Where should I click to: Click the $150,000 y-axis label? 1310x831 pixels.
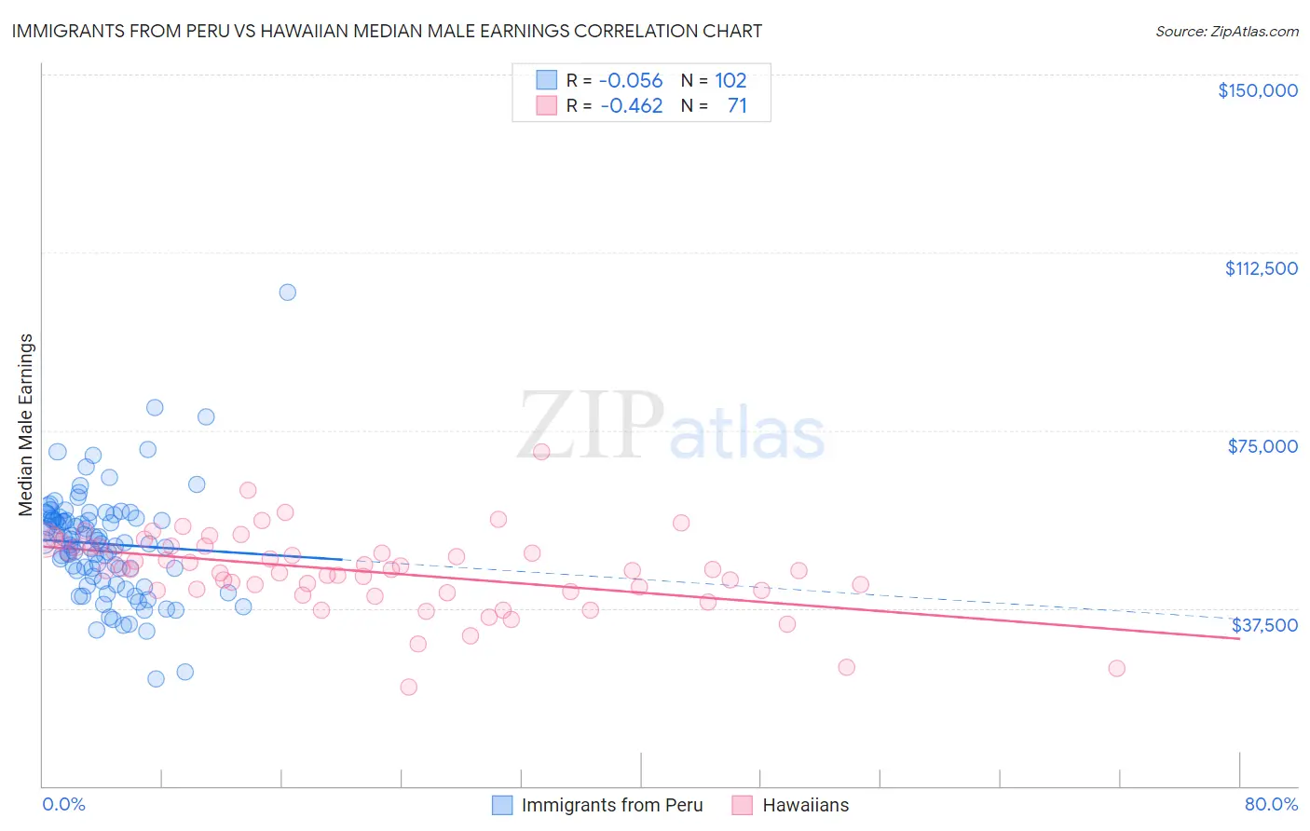[1257, 90]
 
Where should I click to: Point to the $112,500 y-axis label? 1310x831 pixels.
[1261, 268]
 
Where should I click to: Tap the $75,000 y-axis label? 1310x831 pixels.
[1262, 446]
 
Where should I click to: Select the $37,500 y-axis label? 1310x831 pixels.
[1264, 625]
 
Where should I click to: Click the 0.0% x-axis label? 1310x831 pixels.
[63, 804]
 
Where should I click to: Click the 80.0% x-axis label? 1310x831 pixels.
[1271, 804]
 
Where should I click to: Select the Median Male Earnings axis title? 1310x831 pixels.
[26, 425]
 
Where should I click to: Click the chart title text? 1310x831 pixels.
[387, 31]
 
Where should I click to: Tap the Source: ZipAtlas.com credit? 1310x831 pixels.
[1226, 31]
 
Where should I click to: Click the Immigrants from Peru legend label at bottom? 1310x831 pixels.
[612, 805]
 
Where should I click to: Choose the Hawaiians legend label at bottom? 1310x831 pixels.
[806, 805]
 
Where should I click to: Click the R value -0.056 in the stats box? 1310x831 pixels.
[631, 80]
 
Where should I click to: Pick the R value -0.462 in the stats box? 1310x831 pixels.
[631, 105]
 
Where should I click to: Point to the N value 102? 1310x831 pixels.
[730, 80]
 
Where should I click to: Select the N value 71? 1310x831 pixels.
[737, 105]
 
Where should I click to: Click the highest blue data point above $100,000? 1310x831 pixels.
[288, 293]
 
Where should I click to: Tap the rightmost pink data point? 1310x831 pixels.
[1116, 668]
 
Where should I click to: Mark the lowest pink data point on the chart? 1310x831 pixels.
[408, 687]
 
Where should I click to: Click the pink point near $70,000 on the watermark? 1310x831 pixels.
[541, 452]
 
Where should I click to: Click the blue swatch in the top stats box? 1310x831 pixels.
[546, 80]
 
